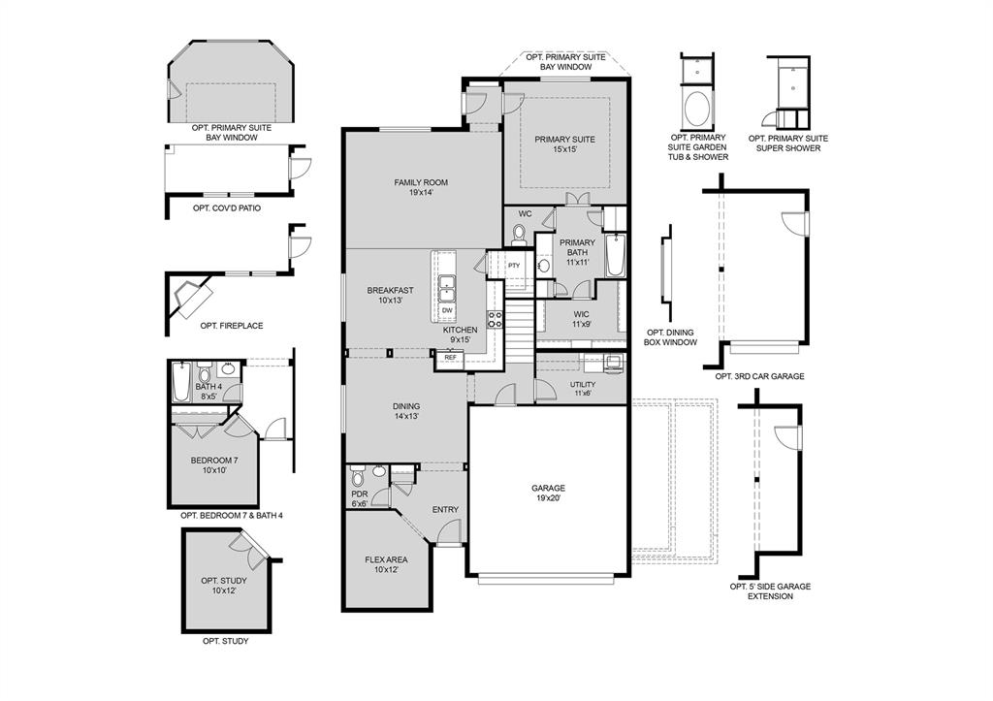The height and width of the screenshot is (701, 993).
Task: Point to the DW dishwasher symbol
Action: (x=447, y=310)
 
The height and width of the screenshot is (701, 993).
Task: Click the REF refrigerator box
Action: (x=450, y=358)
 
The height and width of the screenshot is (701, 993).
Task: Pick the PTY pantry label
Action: (x=514, y=266)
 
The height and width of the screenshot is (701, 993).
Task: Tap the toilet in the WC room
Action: (x=519, y=233)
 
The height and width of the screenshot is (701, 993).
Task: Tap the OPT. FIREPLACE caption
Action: (x=231, y=326)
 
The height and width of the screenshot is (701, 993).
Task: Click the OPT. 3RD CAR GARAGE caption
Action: (x=759, y=376)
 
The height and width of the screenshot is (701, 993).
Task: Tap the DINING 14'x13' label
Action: (x=406, y=412)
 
